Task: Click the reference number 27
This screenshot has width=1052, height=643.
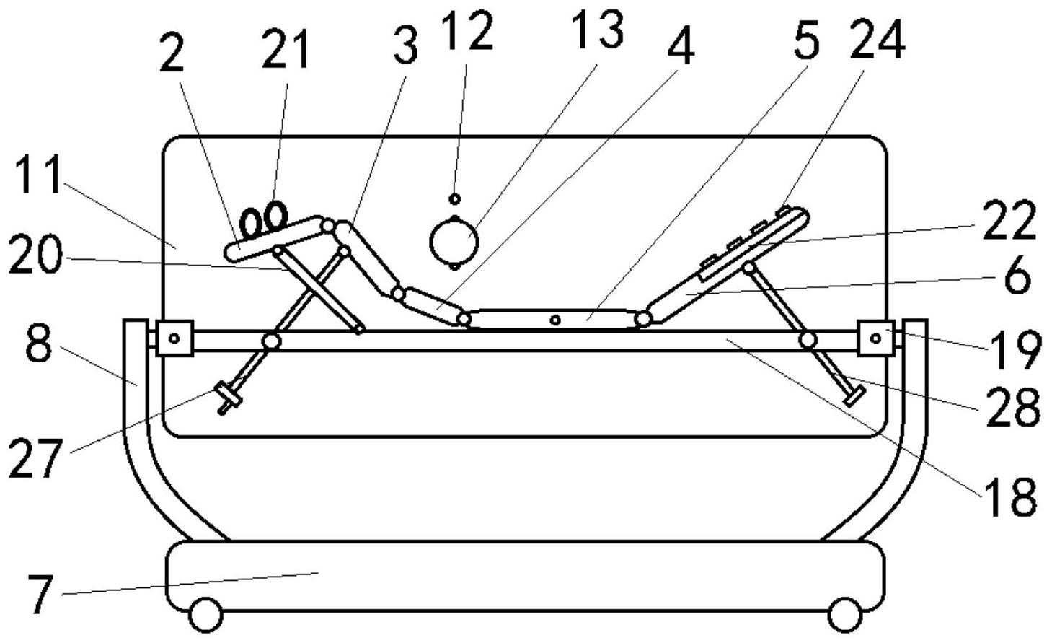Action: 35,458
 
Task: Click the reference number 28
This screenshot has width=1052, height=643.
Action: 1012,407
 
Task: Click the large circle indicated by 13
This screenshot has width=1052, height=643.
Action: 454,242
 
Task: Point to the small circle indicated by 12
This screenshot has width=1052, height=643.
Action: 454,199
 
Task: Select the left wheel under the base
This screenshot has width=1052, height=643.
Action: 205,615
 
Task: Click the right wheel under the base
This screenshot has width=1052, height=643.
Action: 845,615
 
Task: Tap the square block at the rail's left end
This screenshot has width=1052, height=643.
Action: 174,338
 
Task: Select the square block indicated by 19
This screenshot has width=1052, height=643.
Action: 875,338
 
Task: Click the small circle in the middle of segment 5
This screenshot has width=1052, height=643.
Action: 555,320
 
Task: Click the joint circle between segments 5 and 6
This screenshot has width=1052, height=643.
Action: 643,319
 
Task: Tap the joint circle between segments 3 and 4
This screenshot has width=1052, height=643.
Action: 398,294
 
